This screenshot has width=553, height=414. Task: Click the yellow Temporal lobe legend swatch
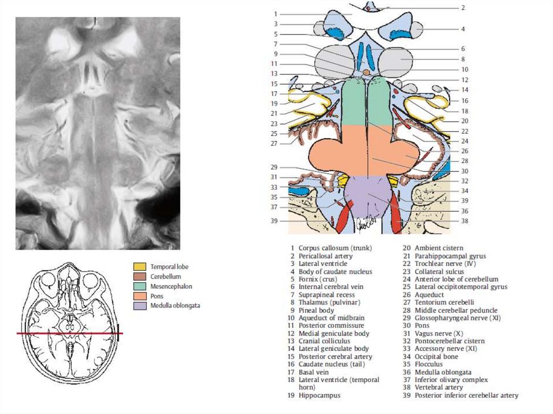point(139,267)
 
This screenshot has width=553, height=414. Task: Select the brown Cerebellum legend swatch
point(139,276)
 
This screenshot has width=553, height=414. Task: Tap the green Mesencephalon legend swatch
point(139,286)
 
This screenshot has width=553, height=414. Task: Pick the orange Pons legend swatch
point(139,296)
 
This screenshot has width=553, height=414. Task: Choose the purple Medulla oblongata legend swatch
point(139,306)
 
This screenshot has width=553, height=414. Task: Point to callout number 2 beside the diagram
point(463,8)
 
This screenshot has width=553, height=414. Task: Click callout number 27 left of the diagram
point(274,144)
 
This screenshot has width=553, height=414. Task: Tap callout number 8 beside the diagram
point(463,59)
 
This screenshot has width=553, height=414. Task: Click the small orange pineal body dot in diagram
point(366,72)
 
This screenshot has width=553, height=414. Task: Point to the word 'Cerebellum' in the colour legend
point(166,276)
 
